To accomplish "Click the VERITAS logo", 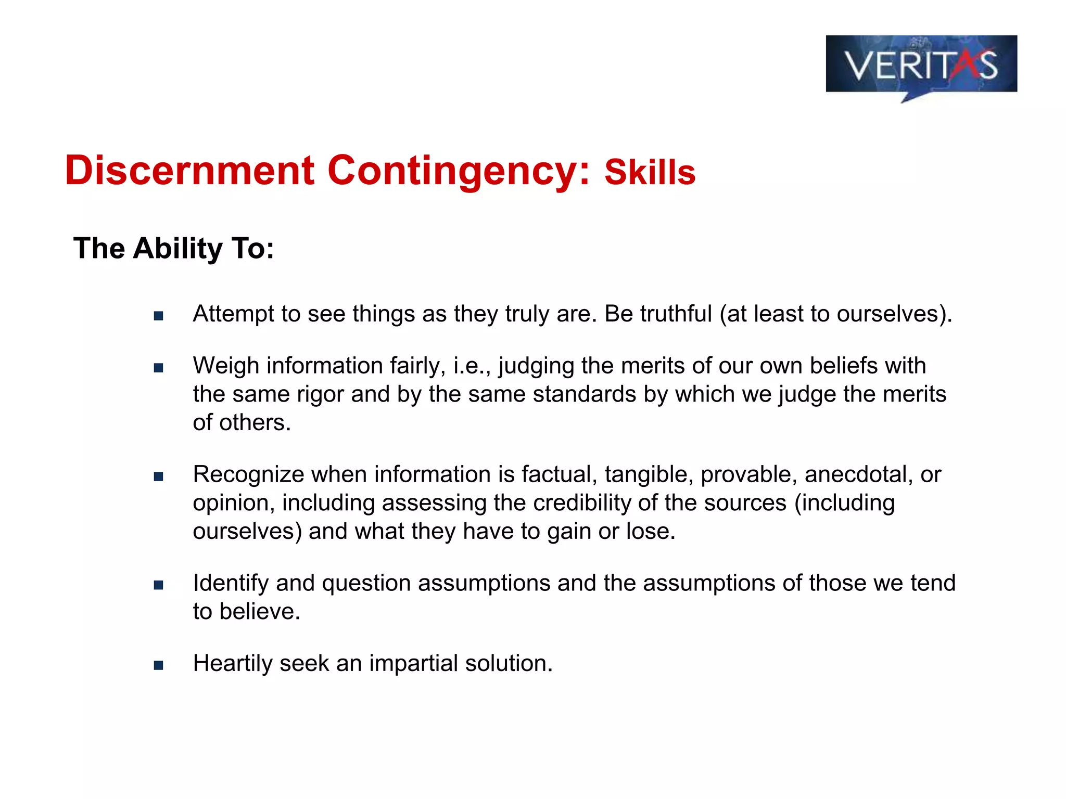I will pos(921,65).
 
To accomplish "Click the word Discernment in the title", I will pos(189,171).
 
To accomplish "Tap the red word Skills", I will pos(650,173).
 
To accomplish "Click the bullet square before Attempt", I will pos(159,316).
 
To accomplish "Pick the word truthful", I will pos(676,314).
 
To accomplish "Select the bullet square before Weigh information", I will pos(159,368).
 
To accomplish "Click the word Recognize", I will pos(248,474).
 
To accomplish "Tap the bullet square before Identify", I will pos(159,585).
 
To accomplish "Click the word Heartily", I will pos(232,663).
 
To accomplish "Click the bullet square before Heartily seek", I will pos(159,665).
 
